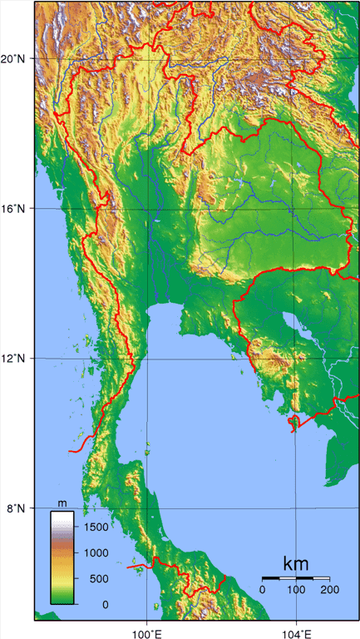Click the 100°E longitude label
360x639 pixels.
coord(147,630)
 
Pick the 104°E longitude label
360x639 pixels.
coord(297,630)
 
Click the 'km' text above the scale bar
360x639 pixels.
coord(296,563)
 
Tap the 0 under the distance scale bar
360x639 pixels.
coord(263,590)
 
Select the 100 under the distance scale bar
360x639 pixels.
coord(295,590)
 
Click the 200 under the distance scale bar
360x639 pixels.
coord(329,590)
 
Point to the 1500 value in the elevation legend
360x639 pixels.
coord(97,527)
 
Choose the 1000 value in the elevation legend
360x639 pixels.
coord(97,552)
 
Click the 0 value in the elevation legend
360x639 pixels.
coord(105,604)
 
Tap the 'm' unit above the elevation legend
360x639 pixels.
coord(62,503)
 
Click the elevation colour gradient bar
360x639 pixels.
coord(62,557)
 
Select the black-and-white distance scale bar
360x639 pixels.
coord(296,577)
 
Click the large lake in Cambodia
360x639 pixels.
coord(293,322)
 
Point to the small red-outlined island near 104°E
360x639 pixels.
coord(293,424)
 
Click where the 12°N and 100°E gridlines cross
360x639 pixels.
coord(147,359)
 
